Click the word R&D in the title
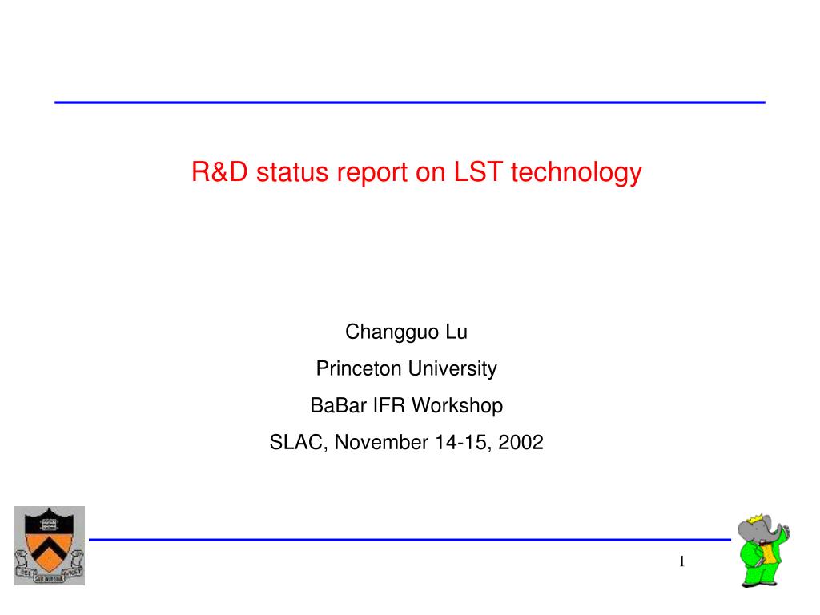(x=219, y=172)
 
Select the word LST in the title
(x=478, y=171)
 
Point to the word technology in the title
(x=577, y=174)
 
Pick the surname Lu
(x=456, y=332)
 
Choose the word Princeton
(x=359, y=368)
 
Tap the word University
(x=452, y=369)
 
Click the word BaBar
(x=339, y=405)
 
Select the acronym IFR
(x=389, y=405)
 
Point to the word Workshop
(x=457, y=406)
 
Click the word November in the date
(x=382, y=442)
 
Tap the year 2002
(x=521, y=442)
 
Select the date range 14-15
(x=463, y=443)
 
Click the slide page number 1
(x=682, y=561)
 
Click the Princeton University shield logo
(x=50, y=545)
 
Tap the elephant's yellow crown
(x=755, y=519)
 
